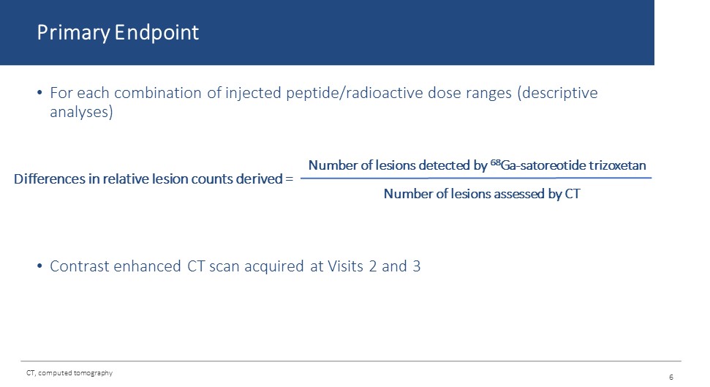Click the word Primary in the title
click(x=73, y=33)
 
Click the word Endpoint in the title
click(x=156, y=32)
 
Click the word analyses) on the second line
click(x=81, y=112)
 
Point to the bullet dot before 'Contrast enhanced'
click(x=39, y=266)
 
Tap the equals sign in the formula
click(x=290, y=179)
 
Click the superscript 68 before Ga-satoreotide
click(x=495, y=162)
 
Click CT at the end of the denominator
click(x=573, y=194)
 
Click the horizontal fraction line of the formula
click(x=476, y=178)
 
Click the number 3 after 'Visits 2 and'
click(x=417, y=266)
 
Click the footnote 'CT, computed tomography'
click(x=69, y=373)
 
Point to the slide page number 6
click(x=671, y=377)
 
